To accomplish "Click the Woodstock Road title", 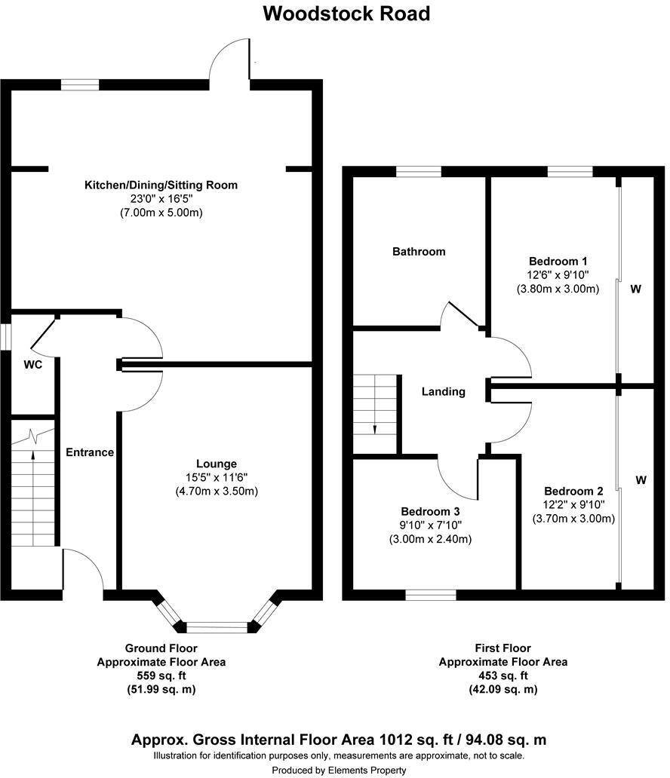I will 346,14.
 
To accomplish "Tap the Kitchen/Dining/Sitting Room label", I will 161,185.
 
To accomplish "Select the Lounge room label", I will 217,464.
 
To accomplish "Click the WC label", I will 32,365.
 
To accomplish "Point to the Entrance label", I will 90,452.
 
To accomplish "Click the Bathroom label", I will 418,251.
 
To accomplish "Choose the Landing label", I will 443,391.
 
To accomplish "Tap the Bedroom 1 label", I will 558,262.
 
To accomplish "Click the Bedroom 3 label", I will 429,510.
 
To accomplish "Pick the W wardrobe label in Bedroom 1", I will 636,289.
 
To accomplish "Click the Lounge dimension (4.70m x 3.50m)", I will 217,492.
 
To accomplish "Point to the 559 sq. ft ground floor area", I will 161,675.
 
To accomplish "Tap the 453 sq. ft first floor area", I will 502,675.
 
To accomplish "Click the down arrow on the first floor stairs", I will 375,427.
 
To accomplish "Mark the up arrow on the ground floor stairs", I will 32,455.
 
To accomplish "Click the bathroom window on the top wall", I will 419,173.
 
